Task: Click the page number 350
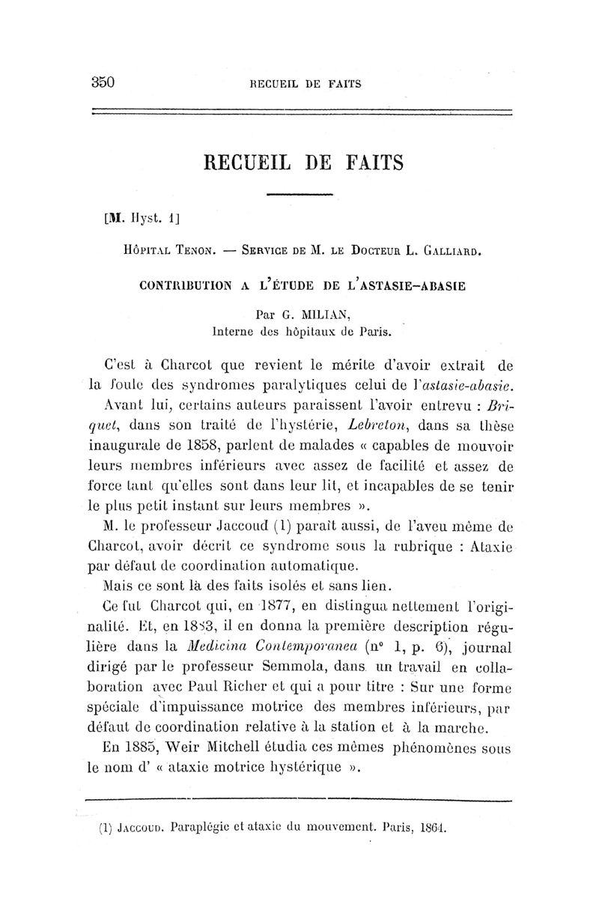click(101, 82)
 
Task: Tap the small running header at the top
click(305, 84)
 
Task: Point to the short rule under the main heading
click(299, 195)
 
